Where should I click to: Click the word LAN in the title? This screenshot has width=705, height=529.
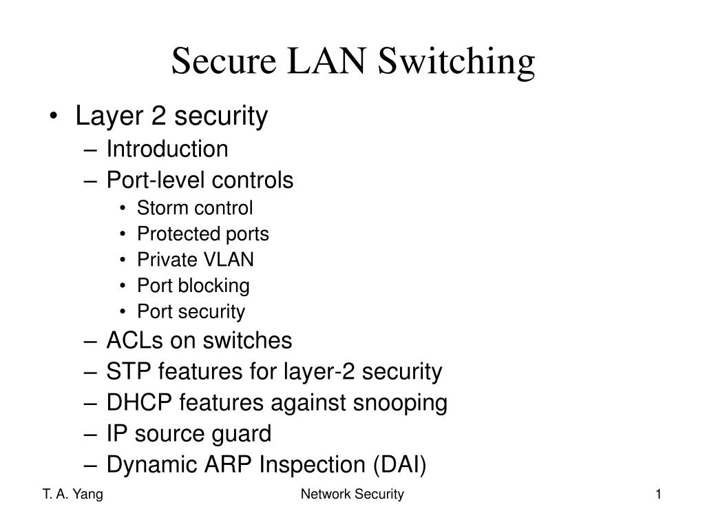(x=326, y=61)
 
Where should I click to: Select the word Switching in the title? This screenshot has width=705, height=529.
(x=456, y=63)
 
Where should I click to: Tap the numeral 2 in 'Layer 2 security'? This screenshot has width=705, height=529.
(x=158, y=115)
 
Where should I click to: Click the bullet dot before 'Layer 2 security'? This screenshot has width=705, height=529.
(x=54, y=116)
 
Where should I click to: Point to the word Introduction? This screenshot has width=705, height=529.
(x=167, y=149)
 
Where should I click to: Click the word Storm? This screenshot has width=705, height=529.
(x=162, y=208)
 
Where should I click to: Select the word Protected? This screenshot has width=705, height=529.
(x=178, y=234)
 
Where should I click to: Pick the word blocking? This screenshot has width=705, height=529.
(x=213, y=286)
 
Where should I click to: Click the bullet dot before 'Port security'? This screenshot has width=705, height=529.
(x=123, y=312)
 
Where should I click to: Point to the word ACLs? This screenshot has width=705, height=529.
(x=134, y=340)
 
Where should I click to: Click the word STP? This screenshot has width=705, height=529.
(x=128, y=371)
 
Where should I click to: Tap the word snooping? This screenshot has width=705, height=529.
(x=400, y=404)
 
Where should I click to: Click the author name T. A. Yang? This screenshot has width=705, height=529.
(x=73, y=495)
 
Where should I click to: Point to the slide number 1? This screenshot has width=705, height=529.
(x=658, y=495)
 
